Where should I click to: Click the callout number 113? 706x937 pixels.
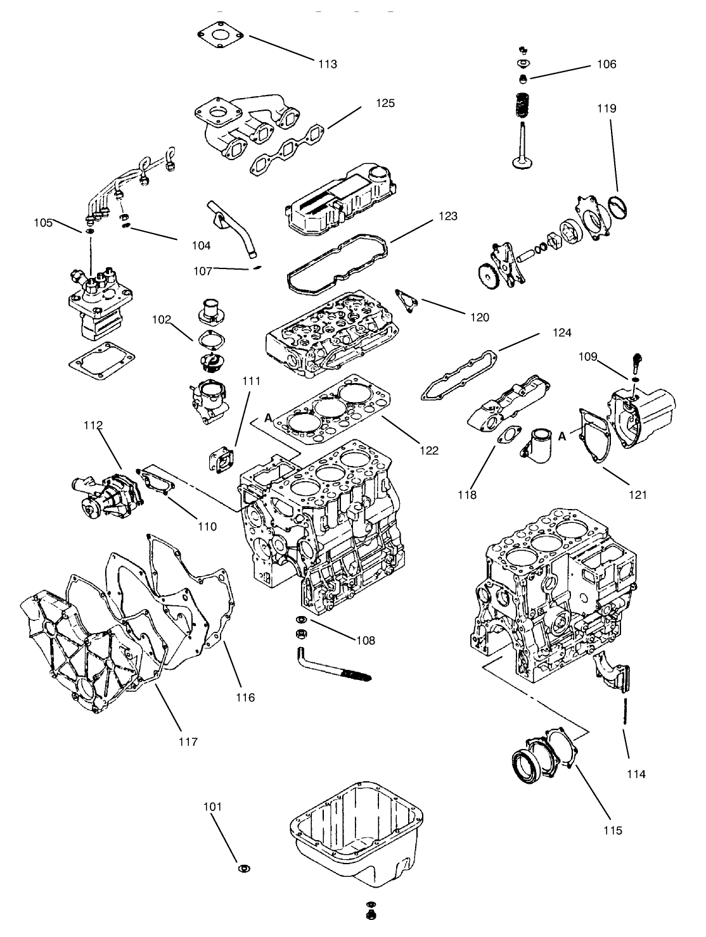[328, 64]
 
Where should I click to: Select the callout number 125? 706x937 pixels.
[385, 103]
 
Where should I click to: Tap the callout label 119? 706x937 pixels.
[607, 108]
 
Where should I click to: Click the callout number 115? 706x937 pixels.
[613, 830]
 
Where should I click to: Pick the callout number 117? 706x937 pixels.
[188, 741]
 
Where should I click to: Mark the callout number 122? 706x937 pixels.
[428, 450]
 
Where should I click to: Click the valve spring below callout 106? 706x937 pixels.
[523, 104]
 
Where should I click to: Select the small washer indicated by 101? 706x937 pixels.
[243, 867]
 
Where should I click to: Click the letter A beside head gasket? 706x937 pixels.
[268, 418]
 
